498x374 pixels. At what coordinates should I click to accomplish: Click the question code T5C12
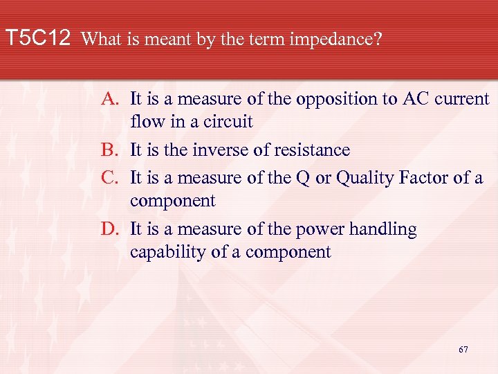(38, 38)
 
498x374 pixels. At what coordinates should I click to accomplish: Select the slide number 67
(463, 350)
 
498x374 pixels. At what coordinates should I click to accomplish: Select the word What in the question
(102, 39)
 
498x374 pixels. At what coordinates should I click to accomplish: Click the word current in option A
(461, 99)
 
